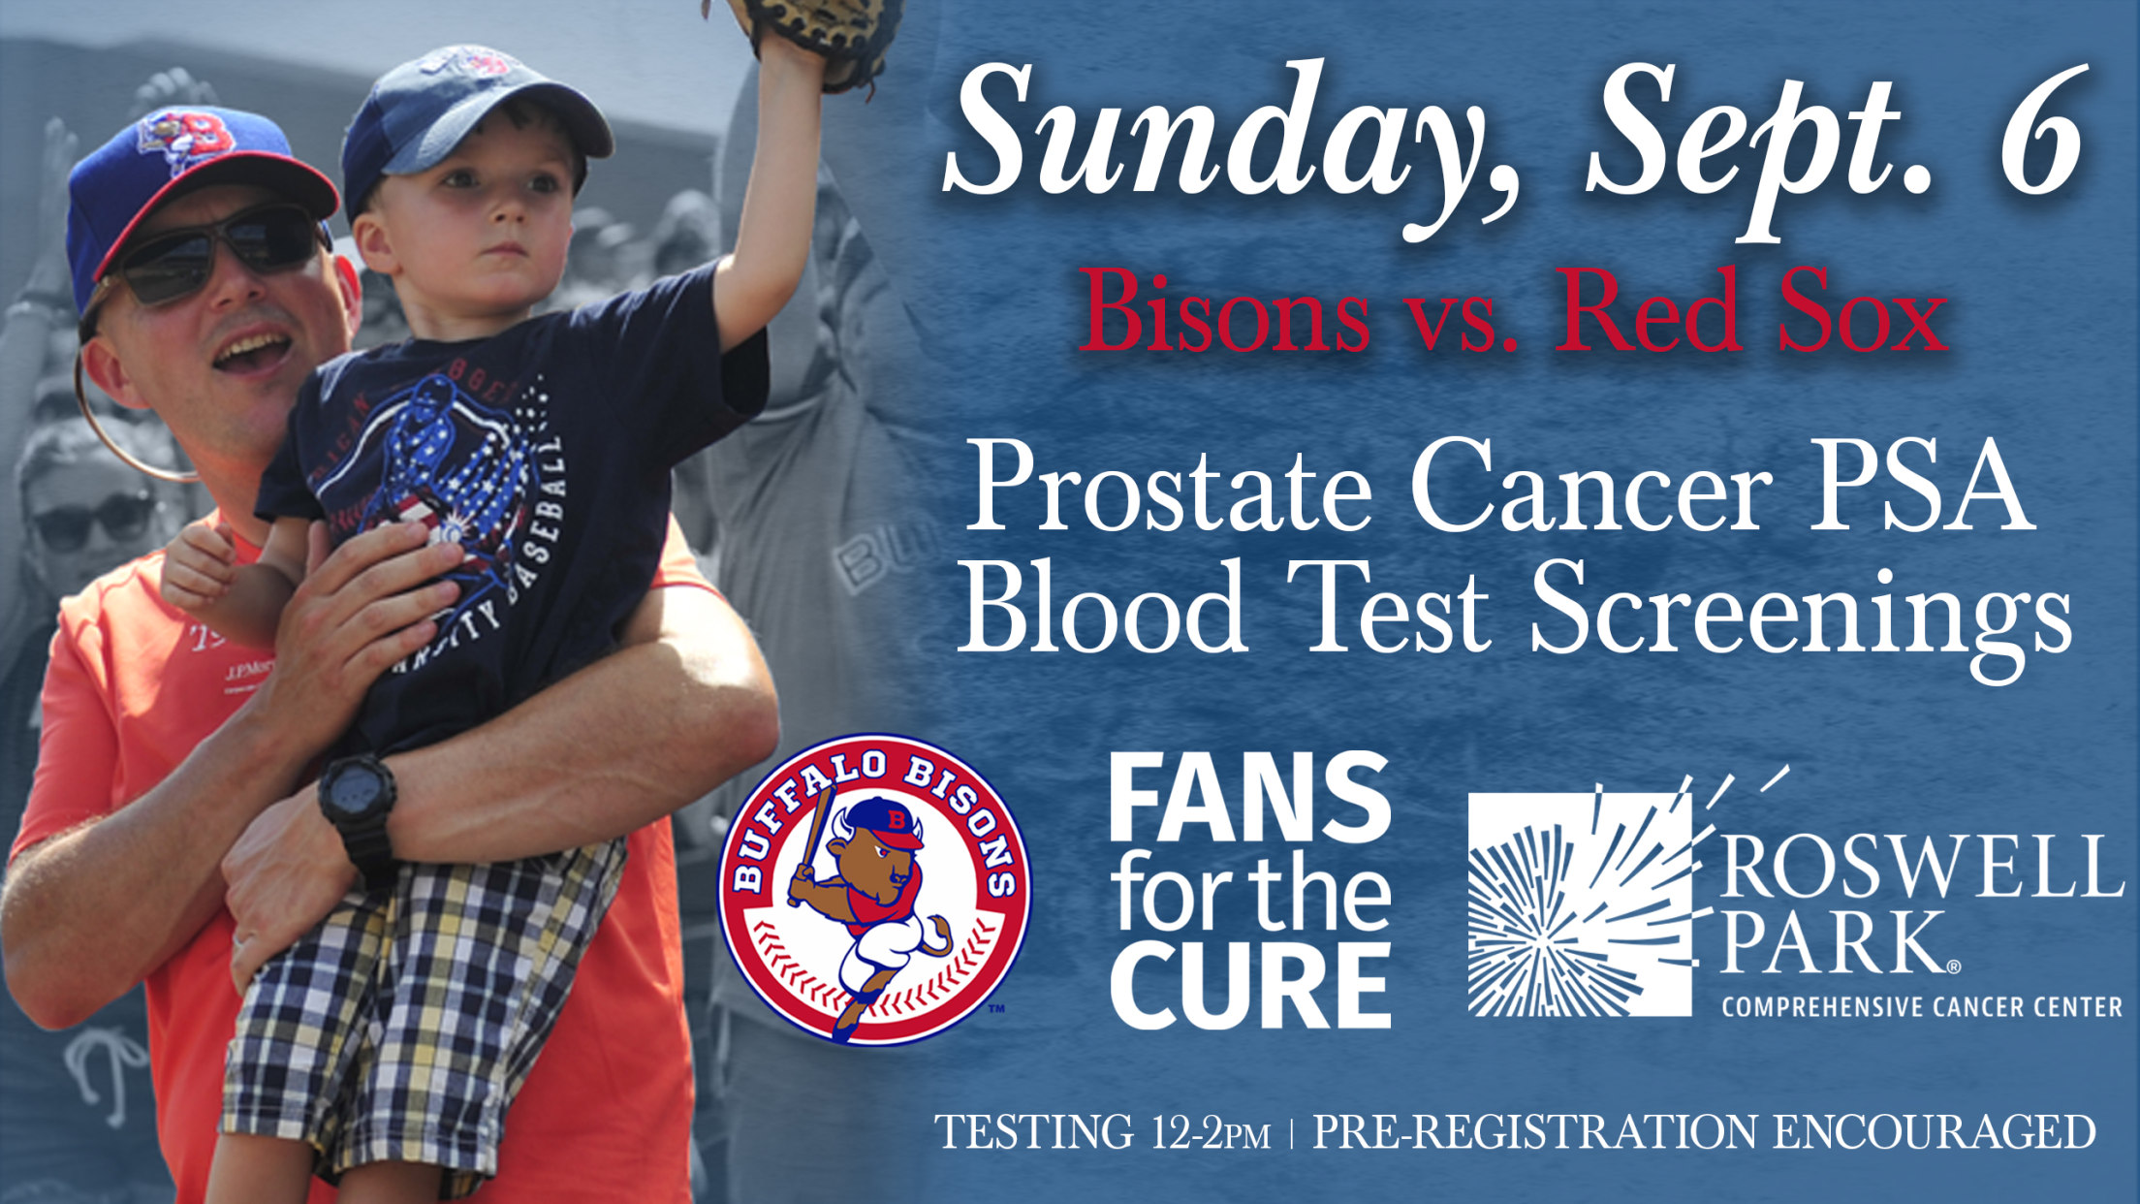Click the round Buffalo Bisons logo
(874, 888)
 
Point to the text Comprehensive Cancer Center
(1922, 1007)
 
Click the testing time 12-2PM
(1211, 1132)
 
